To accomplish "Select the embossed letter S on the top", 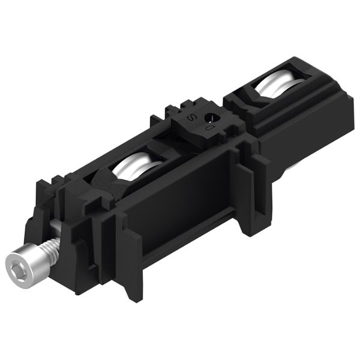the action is pyautogui.click(x=191, y=118).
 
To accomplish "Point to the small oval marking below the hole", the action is pyautogui.click(x=209, y=128).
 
